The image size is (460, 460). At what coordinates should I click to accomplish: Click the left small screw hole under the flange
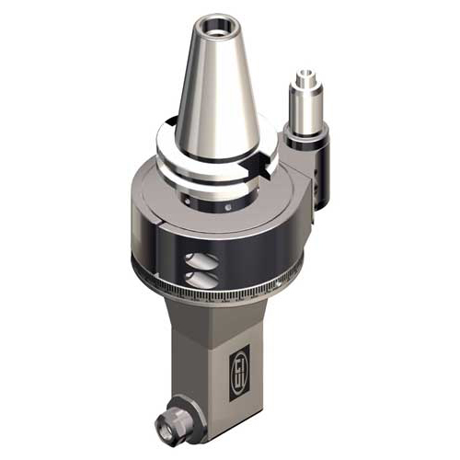click(x=188, y=196)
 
